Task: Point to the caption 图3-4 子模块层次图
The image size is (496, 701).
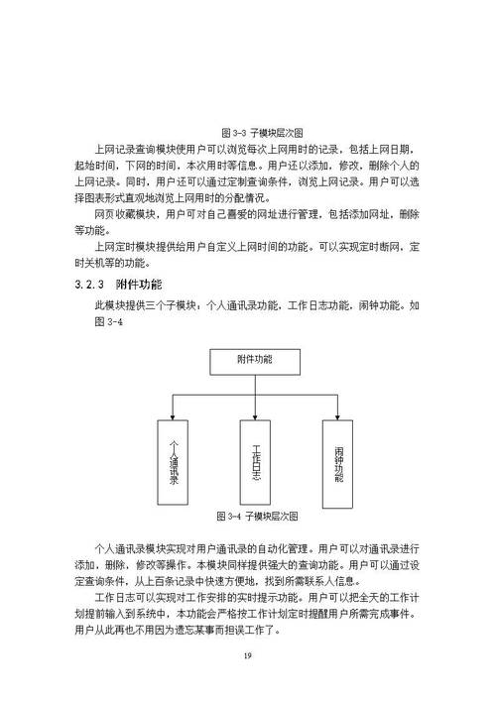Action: pos(257,517)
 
